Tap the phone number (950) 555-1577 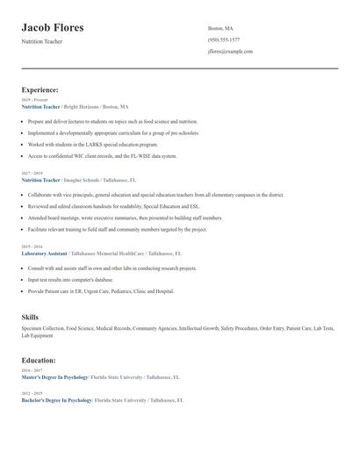click(224, 39)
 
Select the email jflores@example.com click(230, 52)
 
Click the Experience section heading click(40, 89)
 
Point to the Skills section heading click(30, 316)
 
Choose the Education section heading click(39, 360)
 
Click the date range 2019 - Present click(35, 100)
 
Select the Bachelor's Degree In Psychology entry click(57, 400)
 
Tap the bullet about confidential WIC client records click(101, 155)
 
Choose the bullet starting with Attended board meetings click(125, 218)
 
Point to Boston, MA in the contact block click(220, 28)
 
